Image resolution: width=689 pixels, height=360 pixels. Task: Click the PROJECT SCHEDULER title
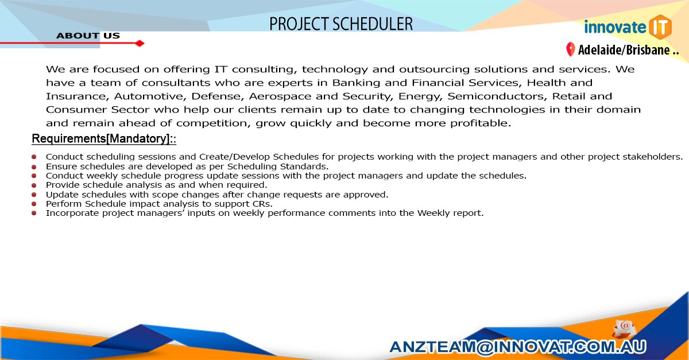tap(341, 24)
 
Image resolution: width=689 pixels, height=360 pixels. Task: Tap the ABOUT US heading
tap(88, 36)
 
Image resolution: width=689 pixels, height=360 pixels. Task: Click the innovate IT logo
tap(627, 27)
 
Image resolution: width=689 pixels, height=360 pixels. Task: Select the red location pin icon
tap(570, 50)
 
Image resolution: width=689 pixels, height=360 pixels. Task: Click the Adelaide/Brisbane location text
tap(628, 51)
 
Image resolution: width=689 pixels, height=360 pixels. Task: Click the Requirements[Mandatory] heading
tap(103, 140)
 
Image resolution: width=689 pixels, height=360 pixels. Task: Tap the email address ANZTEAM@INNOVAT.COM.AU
tap(517, 346)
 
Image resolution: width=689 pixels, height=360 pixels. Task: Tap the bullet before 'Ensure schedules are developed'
tap(34, 166)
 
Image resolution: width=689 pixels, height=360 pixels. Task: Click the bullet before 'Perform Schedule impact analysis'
tap(34, 203)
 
